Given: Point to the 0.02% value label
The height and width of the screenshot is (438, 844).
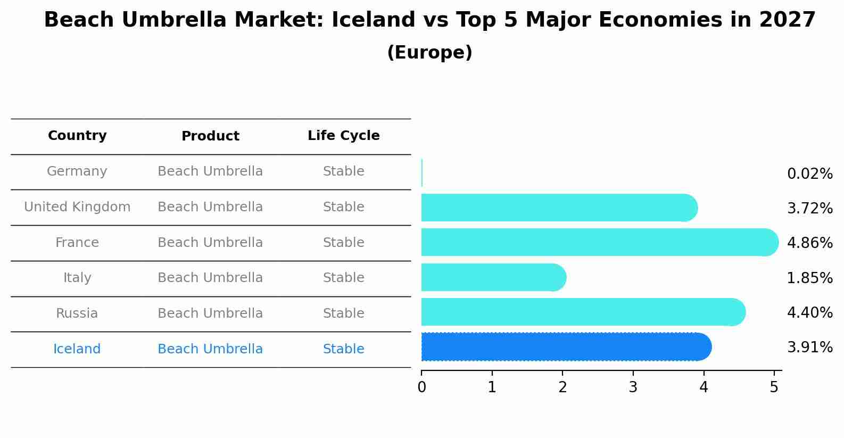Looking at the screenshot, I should coord(809,174).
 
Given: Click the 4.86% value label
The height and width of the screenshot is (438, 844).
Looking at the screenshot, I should coord(809,243).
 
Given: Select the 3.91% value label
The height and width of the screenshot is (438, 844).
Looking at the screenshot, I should coord(809,348).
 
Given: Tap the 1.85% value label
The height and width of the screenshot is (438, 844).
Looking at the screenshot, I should coord(809,278).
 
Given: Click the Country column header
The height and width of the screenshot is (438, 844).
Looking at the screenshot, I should coord(77,136).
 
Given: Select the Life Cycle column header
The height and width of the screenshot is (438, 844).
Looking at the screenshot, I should coord(343,136).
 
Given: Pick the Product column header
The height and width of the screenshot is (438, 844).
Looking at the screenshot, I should coord(210,136).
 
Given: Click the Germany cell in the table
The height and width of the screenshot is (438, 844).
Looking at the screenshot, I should coord(77,171).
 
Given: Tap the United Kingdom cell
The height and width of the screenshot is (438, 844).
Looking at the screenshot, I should coord(77,207).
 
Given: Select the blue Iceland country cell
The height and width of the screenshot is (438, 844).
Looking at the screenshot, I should coord(77,349).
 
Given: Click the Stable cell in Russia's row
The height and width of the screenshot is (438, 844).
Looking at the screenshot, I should coord(343,313).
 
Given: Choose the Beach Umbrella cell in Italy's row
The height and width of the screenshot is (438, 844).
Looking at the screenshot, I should coord(210,278).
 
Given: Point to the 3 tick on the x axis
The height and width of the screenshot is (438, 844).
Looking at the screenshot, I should coord(633,387).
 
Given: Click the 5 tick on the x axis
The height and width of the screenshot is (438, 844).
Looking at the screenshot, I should coord(774,387).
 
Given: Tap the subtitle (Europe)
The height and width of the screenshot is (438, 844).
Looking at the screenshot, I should coord(429,53).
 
